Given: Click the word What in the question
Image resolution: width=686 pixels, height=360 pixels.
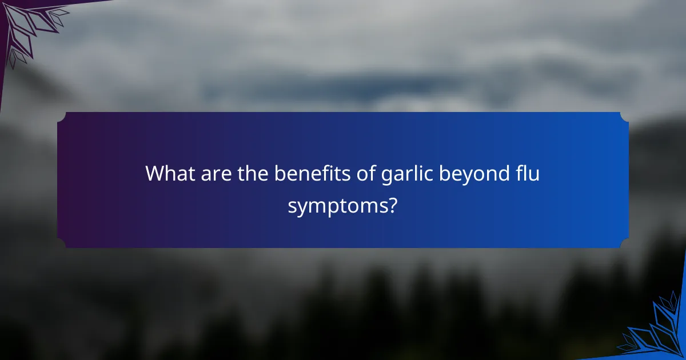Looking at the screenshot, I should click(170, 173).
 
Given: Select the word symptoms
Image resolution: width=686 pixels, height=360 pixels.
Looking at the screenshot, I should click(337, 206).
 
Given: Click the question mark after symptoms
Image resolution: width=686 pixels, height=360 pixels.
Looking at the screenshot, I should click(393, 205).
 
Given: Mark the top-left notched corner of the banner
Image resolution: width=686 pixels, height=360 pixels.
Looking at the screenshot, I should click(62, 117).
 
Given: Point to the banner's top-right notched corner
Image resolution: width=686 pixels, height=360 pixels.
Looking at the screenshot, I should click(624, 117).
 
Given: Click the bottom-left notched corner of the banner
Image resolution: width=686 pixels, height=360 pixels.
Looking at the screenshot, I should click(62, 243).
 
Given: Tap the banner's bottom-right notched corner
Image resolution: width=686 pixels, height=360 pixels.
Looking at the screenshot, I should click(624, 243).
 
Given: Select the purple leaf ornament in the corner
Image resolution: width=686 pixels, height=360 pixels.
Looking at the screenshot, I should click(29, 26).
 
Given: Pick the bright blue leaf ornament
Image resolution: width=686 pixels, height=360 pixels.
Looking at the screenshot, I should click(657, 331).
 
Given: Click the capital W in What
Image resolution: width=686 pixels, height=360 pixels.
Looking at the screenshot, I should click(154, 173).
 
